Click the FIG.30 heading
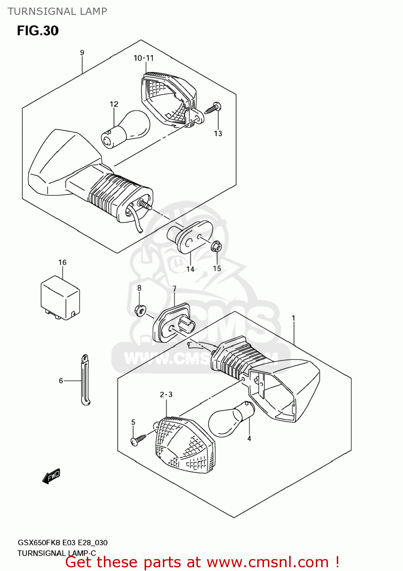click(38, 31)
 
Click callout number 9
click(82, 53)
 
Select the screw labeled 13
click(213, 108)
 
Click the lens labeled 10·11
click(167, 99)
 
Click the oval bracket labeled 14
click(192, 237)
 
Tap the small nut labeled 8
click(140, 310)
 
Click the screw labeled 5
click(138, 439)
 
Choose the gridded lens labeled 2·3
click(185, 445)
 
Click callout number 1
click(293, 318)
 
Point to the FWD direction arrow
click(51, 476)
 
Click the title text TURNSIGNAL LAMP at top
click(57, 11)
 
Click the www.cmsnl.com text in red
click(268, 562)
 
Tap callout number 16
click(62, 262)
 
